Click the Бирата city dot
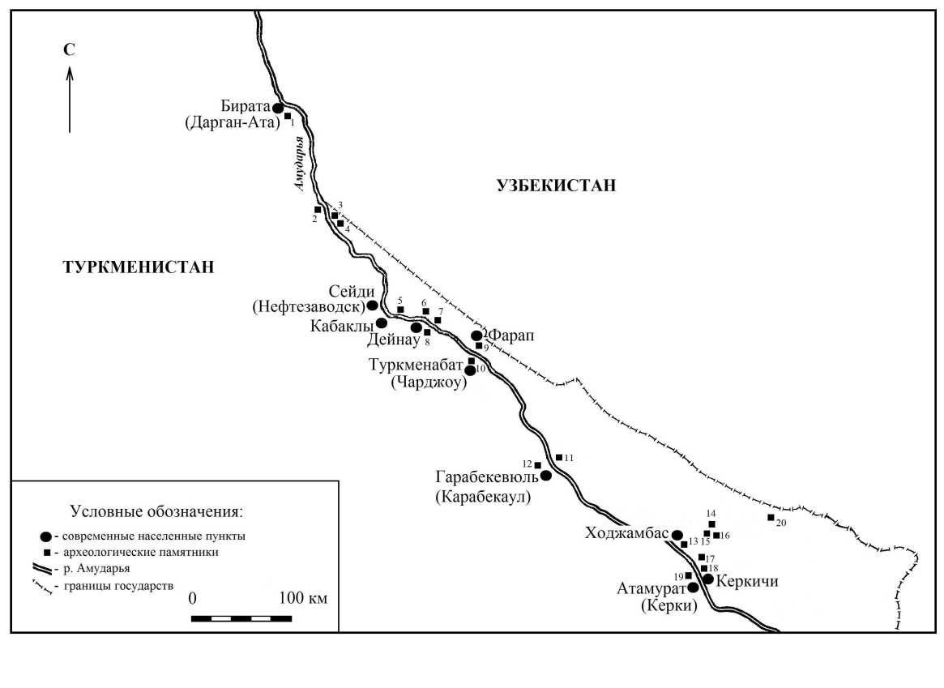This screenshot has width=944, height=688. pos(277,108)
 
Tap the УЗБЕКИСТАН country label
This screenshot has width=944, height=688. pos(556,186)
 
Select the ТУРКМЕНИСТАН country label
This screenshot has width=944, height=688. pos(139,267)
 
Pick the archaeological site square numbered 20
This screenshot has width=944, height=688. pos(771,517)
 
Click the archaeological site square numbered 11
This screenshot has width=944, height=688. pos(558,457)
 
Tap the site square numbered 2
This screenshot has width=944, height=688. pos(318,210)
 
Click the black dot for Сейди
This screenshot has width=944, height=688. pos(373,306)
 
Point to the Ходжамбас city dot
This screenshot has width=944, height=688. pos(677,535)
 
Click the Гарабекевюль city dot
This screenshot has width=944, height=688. pos(546,476)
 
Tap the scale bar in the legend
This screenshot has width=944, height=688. pos(241,618)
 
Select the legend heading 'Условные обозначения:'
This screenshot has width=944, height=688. pos(156,512)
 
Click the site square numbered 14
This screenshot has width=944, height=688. pos(711,523)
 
